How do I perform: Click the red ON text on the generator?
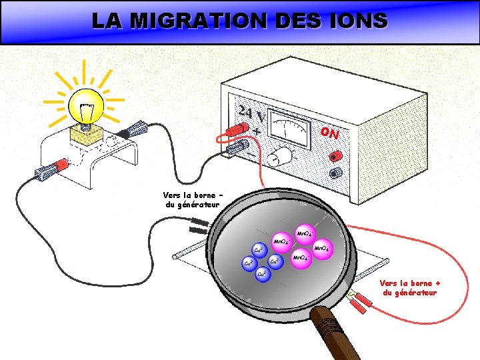(329, 133)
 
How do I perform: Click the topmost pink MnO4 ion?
(304, 234)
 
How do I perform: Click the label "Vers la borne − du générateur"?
(191, 200)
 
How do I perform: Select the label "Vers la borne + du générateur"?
(409, 287)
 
